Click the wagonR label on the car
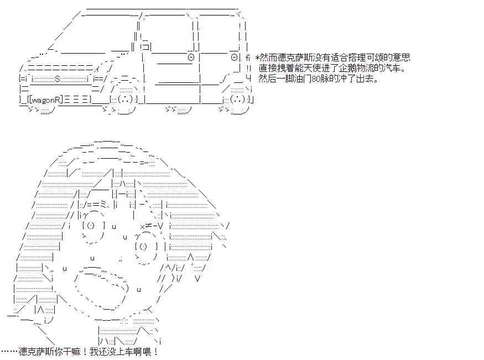46,100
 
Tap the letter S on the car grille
57,79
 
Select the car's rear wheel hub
238,100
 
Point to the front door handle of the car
191,57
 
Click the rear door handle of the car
235,57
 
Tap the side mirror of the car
145,47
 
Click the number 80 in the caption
316,79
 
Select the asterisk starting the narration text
257,58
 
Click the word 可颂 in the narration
377,58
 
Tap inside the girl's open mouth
101,289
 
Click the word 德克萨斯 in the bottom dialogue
38,352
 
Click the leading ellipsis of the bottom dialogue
9,352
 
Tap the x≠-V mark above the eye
152,226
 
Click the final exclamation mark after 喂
156,352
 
